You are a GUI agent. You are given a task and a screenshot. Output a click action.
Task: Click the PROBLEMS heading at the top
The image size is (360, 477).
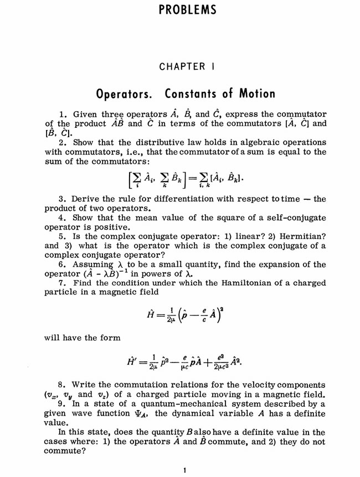pos(179,11)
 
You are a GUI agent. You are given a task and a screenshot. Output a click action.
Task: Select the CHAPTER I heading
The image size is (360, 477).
pos(179,67)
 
